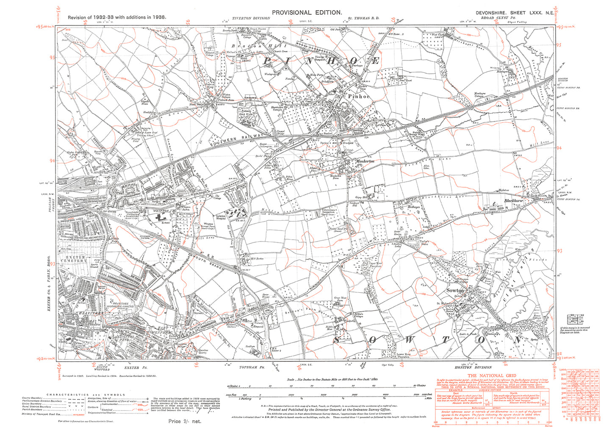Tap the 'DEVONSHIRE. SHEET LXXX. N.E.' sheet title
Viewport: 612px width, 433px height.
pos(514,13)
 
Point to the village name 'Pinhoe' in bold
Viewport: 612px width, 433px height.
pos(359,97)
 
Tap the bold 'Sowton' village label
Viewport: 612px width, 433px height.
pos(455,291)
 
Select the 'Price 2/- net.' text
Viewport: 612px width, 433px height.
pos(184,421)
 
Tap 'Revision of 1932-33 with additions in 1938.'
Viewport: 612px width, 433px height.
pos(117,17)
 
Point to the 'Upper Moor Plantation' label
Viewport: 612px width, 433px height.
pos(375,265)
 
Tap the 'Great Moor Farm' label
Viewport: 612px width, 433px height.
pos(341,300)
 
